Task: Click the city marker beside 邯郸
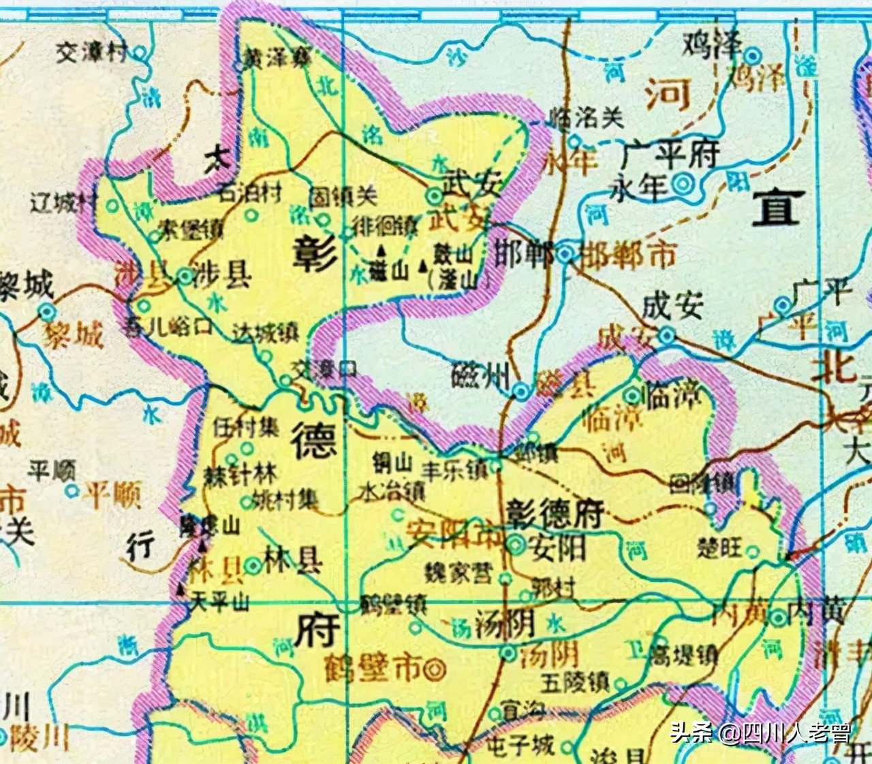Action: pyautogui.click(x=565, y=254)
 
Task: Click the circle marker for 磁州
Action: pyautogui.click(x=521, y=391)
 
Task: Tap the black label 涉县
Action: pyautogui.click(x=223, y=275)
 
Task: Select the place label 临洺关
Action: pyautogui.click(x=587, y=118)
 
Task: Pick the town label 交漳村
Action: pyautogui.click(x=92, y=52)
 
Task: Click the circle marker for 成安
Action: pyautogui.click(x=667, y=335)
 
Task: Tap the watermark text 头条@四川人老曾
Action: pyautogui.click(x=760, y=733)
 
